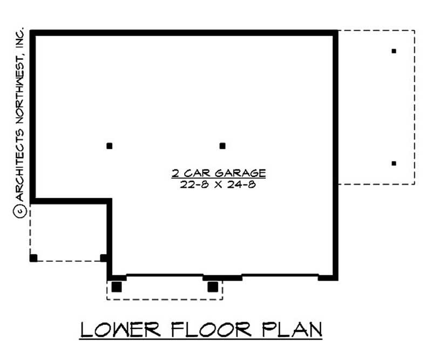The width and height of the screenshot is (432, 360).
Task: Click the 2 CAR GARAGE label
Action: (219, 173)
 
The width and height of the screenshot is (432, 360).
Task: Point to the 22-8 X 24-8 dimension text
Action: (219, 184)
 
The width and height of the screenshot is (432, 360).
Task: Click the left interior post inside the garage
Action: (110, 146)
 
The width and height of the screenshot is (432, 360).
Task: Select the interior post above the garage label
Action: (222, 146)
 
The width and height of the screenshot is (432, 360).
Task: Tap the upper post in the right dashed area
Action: (394, 51)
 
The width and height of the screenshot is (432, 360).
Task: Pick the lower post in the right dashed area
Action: (394, 163)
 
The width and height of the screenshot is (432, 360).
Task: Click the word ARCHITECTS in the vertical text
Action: (19, 171)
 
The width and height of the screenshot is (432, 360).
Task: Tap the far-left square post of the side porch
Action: (33, 257)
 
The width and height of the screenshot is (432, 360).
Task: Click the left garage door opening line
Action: (165, 275)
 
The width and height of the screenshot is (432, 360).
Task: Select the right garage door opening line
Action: (280, 275)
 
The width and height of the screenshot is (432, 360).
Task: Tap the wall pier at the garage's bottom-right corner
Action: (328, 277)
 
